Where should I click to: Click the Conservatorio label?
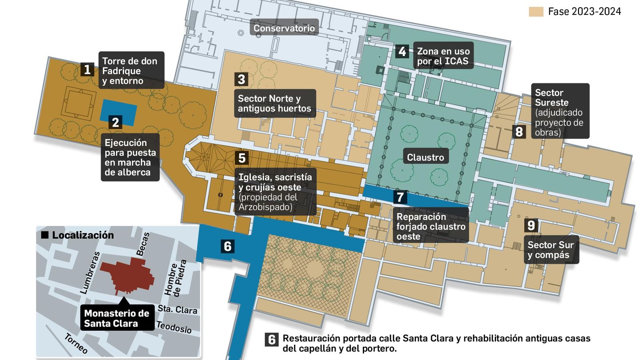pos(284,28)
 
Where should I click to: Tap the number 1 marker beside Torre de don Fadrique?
pos(87,70)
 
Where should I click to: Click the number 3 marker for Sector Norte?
pos(242,79)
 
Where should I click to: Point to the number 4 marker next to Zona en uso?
pos(402,51)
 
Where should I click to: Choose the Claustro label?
pos(425,157)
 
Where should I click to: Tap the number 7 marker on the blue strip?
pos(400,197)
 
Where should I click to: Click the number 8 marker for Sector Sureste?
pos(519,131)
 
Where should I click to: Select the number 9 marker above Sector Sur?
pos(531,226)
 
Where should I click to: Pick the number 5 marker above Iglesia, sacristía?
pos(242,158)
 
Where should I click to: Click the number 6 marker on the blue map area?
pos(228,246)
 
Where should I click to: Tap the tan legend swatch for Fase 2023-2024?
pos(536,12)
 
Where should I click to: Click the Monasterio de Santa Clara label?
pos(116,318)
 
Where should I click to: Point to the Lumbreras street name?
pos(90,273)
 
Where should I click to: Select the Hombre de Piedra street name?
pos(176,278)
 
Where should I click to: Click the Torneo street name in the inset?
pos(76,343)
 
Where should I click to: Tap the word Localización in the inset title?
pos(83,235)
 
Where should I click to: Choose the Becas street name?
pos(143,244)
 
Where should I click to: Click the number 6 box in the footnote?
pos(272,340)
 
